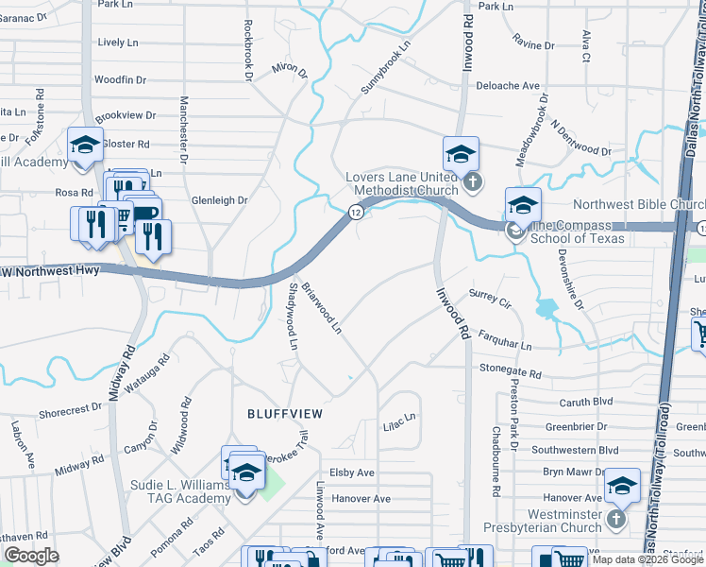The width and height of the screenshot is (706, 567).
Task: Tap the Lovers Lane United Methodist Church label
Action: coord(401,183)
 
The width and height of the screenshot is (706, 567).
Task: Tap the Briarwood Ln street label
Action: coord(321,311)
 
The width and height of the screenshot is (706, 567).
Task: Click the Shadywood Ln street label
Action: coord(293,317)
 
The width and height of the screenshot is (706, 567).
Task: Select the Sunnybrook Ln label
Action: coord(386,67)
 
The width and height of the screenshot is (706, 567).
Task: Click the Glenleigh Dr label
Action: coord(219,200)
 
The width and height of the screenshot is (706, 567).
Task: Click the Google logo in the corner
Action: coord(31,556)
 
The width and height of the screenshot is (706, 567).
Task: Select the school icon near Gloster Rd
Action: coord(85,145)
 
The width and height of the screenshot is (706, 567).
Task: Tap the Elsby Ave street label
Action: coord(352,472)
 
